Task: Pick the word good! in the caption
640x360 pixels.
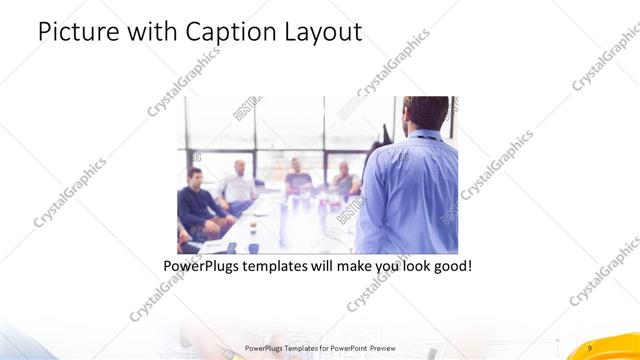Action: pos(449,267)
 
